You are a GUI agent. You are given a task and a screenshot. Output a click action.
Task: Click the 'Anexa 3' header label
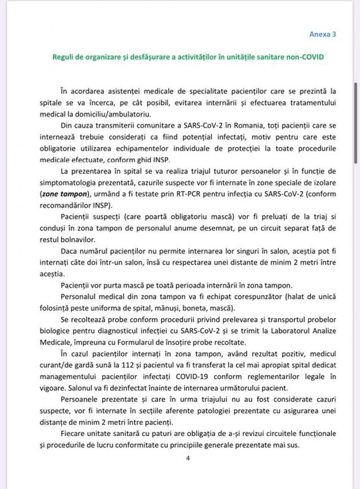(x=323, y=34)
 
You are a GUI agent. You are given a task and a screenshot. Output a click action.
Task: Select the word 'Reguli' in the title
(x=63, y=57)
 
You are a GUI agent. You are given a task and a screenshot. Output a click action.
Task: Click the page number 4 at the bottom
(x=188, y=458)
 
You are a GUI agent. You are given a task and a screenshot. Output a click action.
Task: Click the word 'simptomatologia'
(x=61, y=183)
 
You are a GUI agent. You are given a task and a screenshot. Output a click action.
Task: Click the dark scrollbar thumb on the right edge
(x=355, y=124)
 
